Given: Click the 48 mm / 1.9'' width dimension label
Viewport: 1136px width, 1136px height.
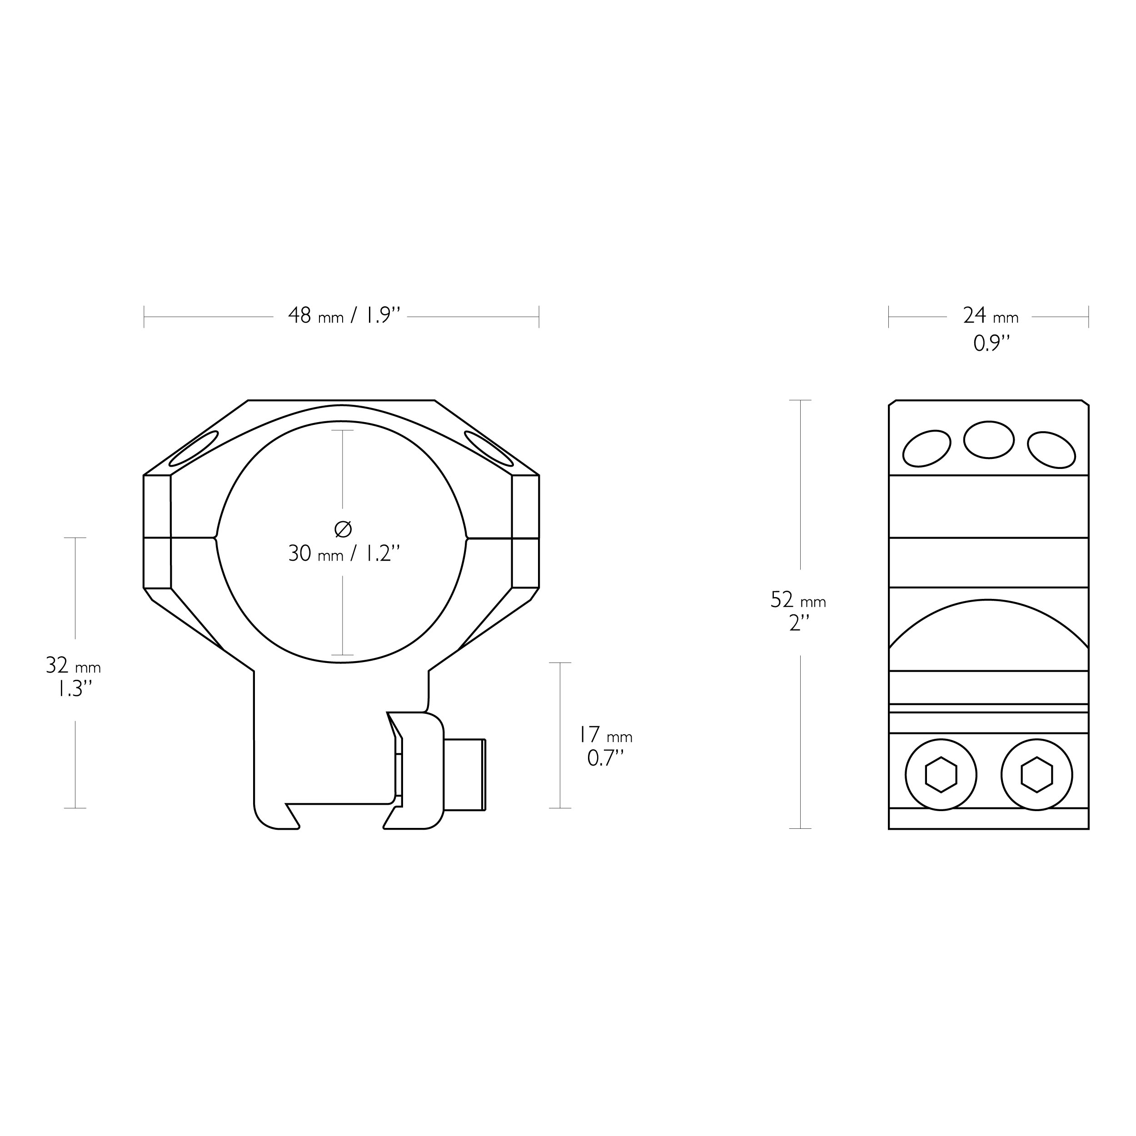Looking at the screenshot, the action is click(x=344, y=316).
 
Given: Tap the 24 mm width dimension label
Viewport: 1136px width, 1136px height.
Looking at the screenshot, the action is click(x=990, y=316).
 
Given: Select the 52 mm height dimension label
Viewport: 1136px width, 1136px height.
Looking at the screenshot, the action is click(x=798, y=600).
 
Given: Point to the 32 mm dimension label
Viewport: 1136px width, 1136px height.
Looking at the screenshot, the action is click(x=74, y=666).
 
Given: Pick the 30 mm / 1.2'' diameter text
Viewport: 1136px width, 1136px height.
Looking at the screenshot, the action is click(x=344, y=553).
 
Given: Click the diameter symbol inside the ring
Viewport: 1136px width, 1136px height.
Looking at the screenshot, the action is click(x=343, y=529).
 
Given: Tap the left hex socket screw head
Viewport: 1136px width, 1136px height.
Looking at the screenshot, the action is click(x=941, y=774).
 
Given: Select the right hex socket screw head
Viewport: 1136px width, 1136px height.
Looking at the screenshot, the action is click(x=1036, y=774).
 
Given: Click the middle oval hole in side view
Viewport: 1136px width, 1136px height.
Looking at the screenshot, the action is click(x=989, y=440).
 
